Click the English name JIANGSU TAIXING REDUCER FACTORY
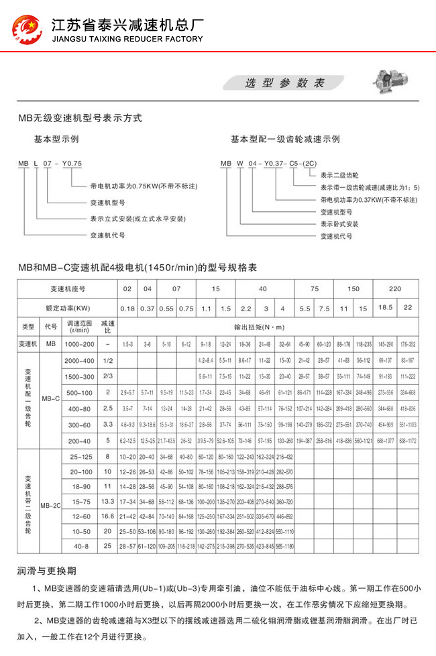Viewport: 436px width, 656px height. point(127,40)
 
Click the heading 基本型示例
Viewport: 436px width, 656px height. point(58,140)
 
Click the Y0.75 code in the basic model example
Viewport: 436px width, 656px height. point(71,164)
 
